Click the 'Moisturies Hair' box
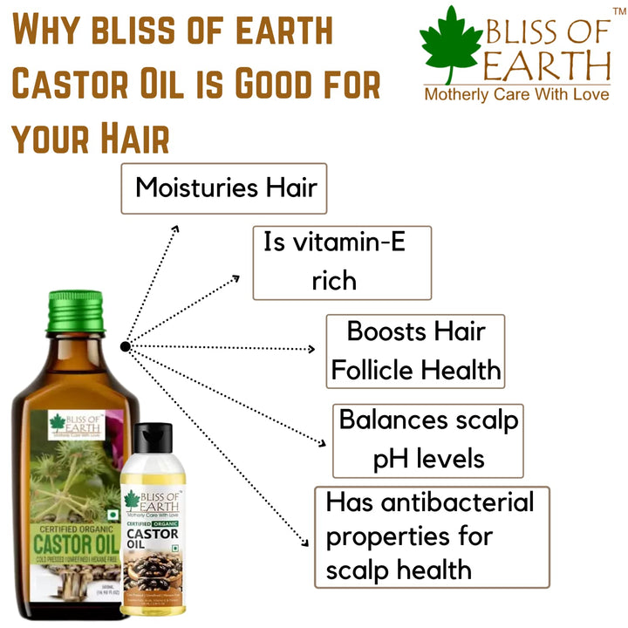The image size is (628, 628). (x=223, y=188)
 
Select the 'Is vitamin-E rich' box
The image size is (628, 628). (x=342, y=262)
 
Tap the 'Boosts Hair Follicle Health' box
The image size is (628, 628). (x=415, y=352)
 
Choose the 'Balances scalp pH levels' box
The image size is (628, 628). (x=428, y=440)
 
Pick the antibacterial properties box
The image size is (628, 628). (x=432, y=536)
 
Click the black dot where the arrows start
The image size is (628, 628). (x=126, y=346)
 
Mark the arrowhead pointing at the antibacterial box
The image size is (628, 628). (x=306, y=543)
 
